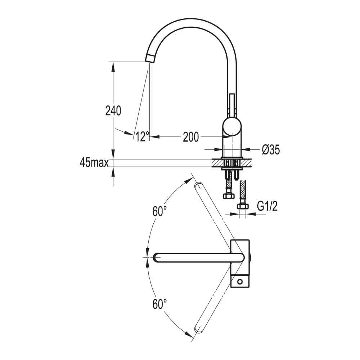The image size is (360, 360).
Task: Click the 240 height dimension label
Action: pyautogui.click(x=113, y=111)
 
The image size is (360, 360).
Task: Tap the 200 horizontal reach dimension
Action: pyautogui.click(x=191, y=137)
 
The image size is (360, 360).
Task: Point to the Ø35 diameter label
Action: pyautogui.click(x=271, y=150)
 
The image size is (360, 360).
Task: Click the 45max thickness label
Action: pyautogui.click(x=94, y=163)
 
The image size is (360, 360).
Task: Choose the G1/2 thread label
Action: pyautogui.click(x=267, y=206)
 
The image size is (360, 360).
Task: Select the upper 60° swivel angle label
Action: pyautogui.click(x=159, y=211)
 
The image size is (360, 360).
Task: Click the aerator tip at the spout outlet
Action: pyautogui.click(x=150, y=58)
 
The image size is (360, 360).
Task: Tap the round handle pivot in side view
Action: pyautogui.click(x=232, y=126)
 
